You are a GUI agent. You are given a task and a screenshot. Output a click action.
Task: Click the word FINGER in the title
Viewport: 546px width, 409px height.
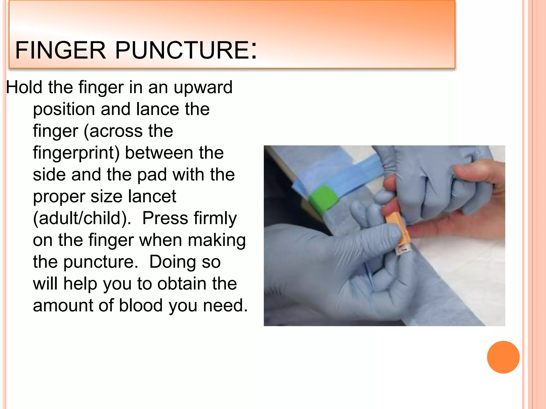point(61,50)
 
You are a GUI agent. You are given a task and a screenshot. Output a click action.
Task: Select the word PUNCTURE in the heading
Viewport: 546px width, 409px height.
point(182,50)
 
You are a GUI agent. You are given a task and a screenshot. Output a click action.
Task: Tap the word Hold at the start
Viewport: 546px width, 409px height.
point(24,87)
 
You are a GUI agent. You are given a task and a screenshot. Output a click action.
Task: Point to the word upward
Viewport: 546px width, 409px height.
point(203,88)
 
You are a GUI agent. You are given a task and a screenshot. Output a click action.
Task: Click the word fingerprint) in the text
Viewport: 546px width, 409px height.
point(76,153)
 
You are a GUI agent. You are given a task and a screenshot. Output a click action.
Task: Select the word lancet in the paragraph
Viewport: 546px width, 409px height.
point(152,196)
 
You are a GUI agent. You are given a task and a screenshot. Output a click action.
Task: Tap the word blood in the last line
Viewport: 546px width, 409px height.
point(140,305)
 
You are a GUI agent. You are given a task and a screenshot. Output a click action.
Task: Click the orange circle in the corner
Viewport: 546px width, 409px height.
point(503,357)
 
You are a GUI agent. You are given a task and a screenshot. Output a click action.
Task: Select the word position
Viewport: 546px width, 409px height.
point(64,110)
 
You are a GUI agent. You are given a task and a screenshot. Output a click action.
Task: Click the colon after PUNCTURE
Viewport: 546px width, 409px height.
point(254,50)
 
